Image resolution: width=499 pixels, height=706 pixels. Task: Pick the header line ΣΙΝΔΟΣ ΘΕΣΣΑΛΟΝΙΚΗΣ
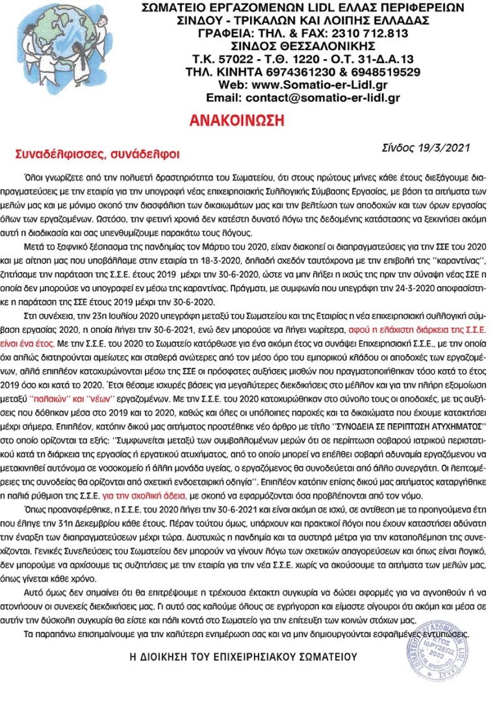pyautogui.click(x=303, y=46)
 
